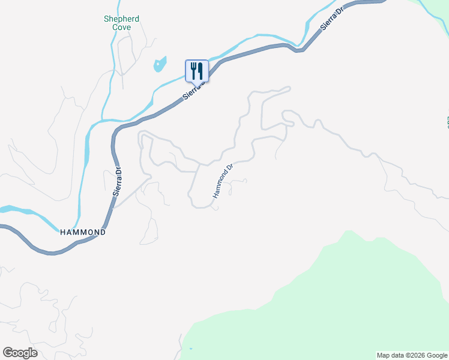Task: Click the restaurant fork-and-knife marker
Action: click(x=197, y=71)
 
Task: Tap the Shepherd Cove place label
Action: click(x=121, y=23)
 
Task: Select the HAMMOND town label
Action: click(x=83, y=232)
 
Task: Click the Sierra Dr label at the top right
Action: click(x=332, y=20)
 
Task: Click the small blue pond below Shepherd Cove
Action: click(x=160, y=64)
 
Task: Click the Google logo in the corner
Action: click(x=20, y=353)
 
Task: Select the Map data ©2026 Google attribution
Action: click(x=412, y=355)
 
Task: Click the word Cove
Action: click(x=121, y=27)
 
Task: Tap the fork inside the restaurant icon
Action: click(x=193, y=71)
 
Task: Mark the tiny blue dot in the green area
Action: click(x=191, y=349)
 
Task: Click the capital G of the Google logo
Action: click(x=8, y=352)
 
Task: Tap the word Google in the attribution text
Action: click(x=436, y=355)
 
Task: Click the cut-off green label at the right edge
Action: click(x=447, y=122)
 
